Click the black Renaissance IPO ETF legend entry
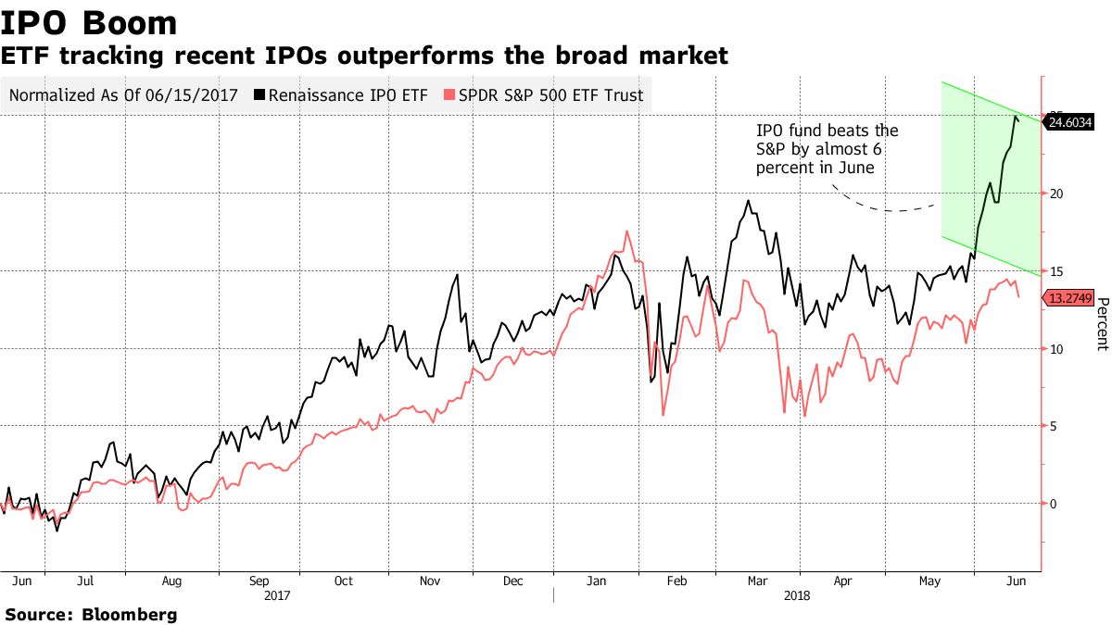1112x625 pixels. click(342, 94)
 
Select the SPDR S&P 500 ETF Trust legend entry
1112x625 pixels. click(543, 94)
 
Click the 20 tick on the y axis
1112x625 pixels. click(1055, 194)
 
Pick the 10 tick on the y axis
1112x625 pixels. click(1055, 348)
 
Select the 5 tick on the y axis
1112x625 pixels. click(1053, 426)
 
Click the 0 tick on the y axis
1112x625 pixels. click(1053, 504)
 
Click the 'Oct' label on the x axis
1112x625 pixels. click(343, 581)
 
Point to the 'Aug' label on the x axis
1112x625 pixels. click(171, 581)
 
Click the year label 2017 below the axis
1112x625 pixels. click(278, 596)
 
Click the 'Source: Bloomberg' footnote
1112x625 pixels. click(91, 614)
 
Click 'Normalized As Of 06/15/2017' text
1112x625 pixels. click(123, 94)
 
